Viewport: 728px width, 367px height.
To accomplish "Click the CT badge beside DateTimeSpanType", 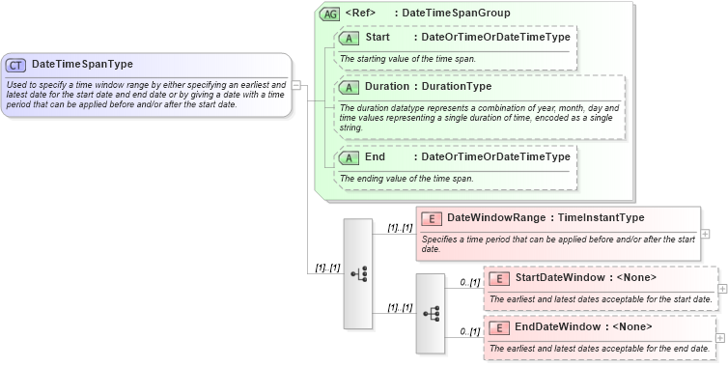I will pos(16,65).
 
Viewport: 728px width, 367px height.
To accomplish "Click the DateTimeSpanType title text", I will pos(82,65).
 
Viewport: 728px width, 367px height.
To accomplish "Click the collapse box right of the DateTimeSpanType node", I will pos(297,85).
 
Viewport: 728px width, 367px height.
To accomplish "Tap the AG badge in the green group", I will pos(330,14).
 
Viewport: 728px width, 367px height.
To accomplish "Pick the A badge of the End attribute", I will pos(349,157).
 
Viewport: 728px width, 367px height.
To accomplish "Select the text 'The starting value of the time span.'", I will pos(407,59).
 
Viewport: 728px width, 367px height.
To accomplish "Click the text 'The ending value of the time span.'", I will pos(406,179).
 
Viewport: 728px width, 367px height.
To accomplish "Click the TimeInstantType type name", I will pos(601,218).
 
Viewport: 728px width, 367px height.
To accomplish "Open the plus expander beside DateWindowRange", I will pos(706,234).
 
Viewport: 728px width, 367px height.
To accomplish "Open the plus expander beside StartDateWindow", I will pos(723,289).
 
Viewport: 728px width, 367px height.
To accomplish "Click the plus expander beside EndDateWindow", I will pos(723,337).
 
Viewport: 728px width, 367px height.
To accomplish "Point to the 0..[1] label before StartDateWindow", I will pos(469,283).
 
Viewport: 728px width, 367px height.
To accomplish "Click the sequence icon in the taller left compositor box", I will pos(358,274).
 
